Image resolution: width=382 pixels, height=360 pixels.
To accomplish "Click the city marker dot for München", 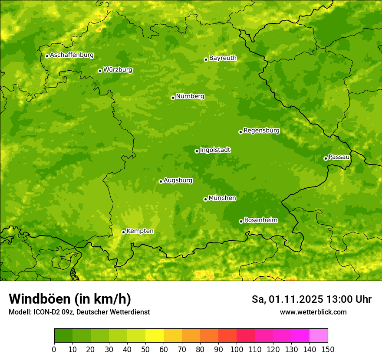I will point(205,199).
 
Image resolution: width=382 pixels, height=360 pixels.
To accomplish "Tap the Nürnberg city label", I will point(190,96).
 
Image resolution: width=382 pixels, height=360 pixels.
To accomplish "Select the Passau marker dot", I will point(326,158).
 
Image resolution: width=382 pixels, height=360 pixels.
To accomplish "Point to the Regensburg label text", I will point(261,131).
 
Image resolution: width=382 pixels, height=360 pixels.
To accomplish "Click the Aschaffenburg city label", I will point(72,55).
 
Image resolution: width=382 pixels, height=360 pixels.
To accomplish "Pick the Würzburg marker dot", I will point(100,71).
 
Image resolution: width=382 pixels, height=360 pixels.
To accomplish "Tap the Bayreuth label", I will point(223,58).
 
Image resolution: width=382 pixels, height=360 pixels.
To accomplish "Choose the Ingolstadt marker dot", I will point(197,151).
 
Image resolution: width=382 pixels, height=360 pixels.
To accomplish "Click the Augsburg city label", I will point(178,180).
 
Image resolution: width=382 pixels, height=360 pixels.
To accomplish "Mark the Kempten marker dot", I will point(123,232).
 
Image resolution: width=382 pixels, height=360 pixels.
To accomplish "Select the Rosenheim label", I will point(260,220).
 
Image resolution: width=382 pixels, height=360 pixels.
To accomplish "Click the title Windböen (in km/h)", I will point(70,299).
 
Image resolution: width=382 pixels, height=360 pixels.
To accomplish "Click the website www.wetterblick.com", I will point(313,312).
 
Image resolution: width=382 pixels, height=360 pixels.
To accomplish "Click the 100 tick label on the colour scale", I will point(237,349).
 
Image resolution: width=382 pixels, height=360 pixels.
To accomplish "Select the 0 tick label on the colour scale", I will point(54,349).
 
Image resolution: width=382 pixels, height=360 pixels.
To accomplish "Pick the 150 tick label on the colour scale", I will point(328,349).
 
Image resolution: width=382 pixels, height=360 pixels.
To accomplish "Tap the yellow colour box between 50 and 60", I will point(155,336).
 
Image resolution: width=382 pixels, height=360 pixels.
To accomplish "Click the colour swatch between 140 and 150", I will point(319,336).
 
